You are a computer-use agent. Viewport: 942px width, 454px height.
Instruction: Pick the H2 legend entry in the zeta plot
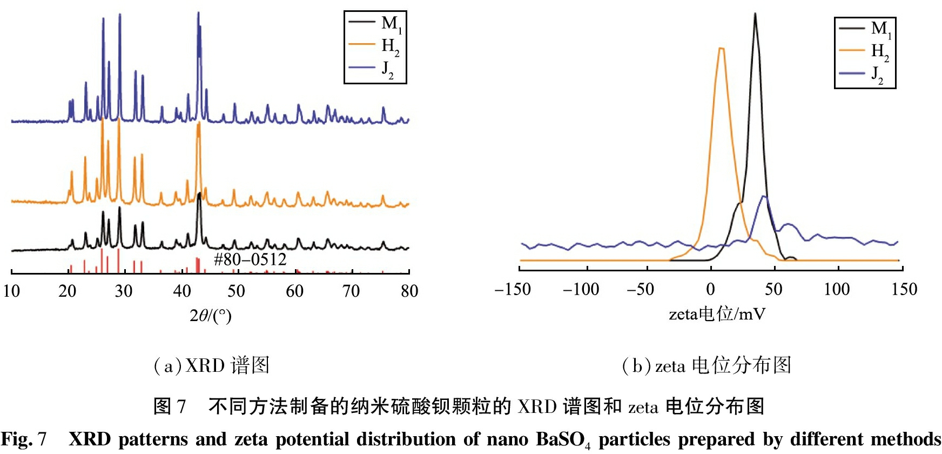[x=865, y=51]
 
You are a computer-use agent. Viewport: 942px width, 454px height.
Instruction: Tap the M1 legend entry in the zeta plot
[x=865, y=28]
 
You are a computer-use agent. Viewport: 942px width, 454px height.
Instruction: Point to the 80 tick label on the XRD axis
[x=409, y=291]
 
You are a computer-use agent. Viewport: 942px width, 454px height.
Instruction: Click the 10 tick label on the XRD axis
[x=11, y=291]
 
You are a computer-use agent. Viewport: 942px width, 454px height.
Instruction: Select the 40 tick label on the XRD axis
[x=181, y=291]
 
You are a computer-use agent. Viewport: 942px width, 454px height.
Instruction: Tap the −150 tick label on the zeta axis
[x=513, y=290]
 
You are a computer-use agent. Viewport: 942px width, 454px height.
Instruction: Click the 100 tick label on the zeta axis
[x=837, y=290]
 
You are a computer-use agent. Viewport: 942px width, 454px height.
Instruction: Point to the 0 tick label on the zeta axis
[x=710, y=290]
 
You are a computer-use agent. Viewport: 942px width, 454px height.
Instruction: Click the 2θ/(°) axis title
[x=210, y=315]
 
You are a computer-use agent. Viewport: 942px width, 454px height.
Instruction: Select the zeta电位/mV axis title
[x=717, y=314]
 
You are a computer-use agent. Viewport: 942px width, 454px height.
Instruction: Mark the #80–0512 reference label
[x=250, y=259]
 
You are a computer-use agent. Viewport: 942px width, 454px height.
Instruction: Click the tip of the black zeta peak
[x=755, y=14]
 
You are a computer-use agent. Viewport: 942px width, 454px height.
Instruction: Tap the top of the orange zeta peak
[x=721, y=49]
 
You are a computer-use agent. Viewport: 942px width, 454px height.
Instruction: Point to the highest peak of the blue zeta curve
[x=764, y=196]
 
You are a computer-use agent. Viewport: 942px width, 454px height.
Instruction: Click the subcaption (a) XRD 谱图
[x=211, y=366]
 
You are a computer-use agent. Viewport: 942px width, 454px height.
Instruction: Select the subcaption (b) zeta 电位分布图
[x=706, y=366]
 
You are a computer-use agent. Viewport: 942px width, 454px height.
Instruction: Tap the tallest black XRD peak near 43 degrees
[x=199, y=193]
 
